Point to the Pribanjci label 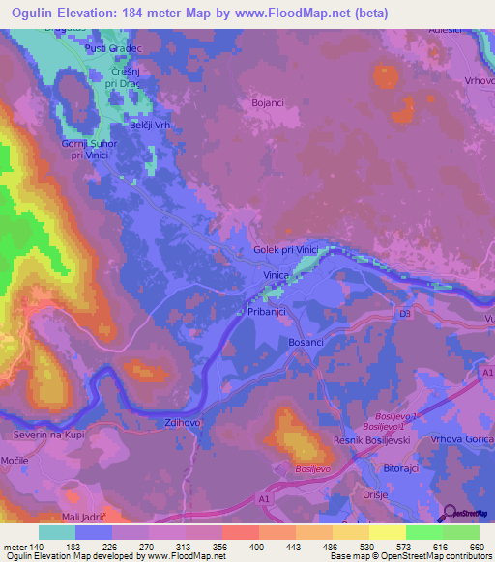(x=261, y=313)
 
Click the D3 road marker (x=404, y=314)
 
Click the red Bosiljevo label (x=312, y=467)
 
